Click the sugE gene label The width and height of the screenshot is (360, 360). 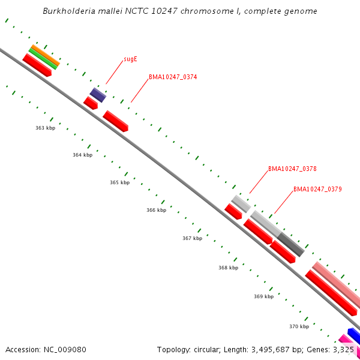coord(130,59)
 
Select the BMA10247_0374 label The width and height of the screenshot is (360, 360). coord(173,77)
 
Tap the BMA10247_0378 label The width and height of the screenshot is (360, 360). coord(292,169)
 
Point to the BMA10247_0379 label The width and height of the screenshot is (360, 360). coord(317,190)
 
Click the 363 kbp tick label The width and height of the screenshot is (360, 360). coord(45,128)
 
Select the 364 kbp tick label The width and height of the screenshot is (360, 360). coord(82,155)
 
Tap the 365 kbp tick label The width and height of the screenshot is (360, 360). coord(119,182)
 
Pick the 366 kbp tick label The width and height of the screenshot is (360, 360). coord(156,210)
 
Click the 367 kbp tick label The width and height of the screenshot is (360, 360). coord(192,238)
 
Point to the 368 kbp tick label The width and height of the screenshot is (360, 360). coord(228,268)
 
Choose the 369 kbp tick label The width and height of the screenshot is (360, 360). coord(263,296)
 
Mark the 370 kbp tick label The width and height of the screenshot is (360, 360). coord(299,326)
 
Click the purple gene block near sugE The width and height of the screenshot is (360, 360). coord(98,95)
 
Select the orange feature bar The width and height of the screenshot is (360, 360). coord(46,55)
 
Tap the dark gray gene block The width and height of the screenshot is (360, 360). coord(291,245)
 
